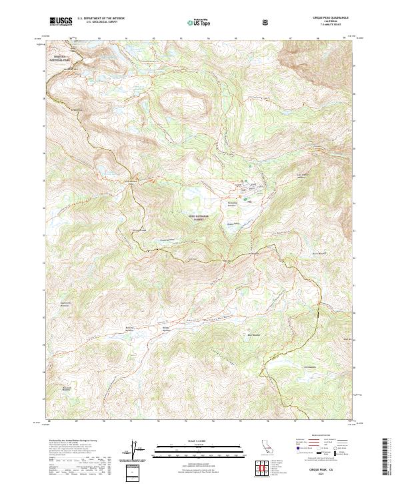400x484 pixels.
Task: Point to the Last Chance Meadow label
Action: point(304,177)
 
